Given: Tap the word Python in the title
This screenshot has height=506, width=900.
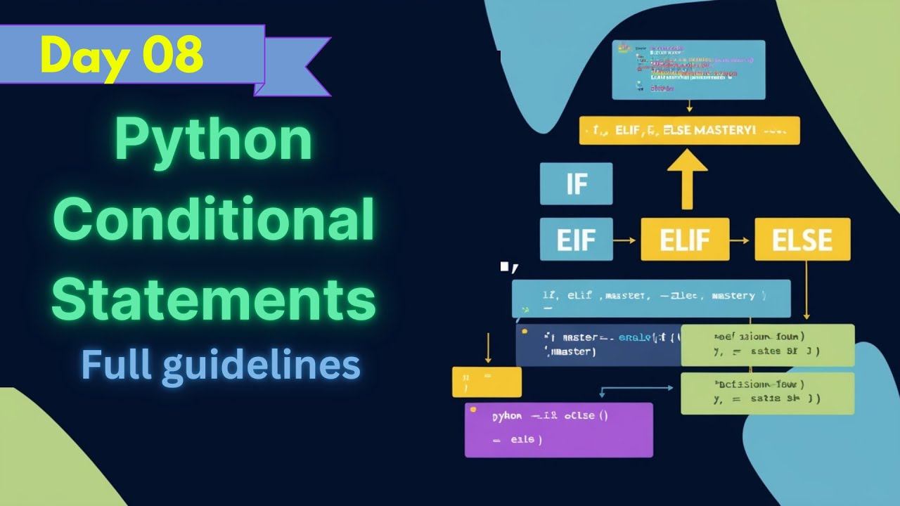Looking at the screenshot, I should point(213,140).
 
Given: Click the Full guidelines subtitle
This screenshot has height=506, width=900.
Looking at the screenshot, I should point(221,365).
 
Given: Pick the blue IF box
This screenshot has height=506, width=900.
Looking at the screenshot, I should point(576,184).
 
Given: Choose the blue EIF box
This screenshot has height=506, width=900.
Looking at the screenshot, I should point(576,240).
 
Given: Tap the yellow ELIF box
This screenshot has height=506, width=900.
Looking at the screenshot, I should point(685,240).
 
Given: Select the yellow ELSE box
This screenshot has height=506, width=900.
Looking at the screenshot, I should point(802,240).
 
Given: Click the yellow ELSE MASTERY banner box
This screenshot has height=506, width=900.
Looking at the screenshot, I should point(689,131).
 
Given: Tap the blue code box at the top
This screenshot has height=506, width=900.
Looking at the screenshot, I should point(688,70).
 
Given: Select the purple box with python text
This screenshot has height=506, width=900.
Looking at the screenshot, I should point(559,429).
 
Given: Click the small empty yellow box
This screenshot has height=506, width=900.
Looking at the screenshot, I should point(487,382).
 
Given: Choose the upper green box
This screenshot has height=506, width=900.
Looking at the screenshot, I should point(767,344).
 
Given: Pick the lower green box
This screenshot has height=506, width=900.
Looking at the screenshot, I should point(767,393).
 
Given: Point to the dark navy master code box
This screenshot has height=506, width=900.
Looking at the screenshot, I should point(598,345).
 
